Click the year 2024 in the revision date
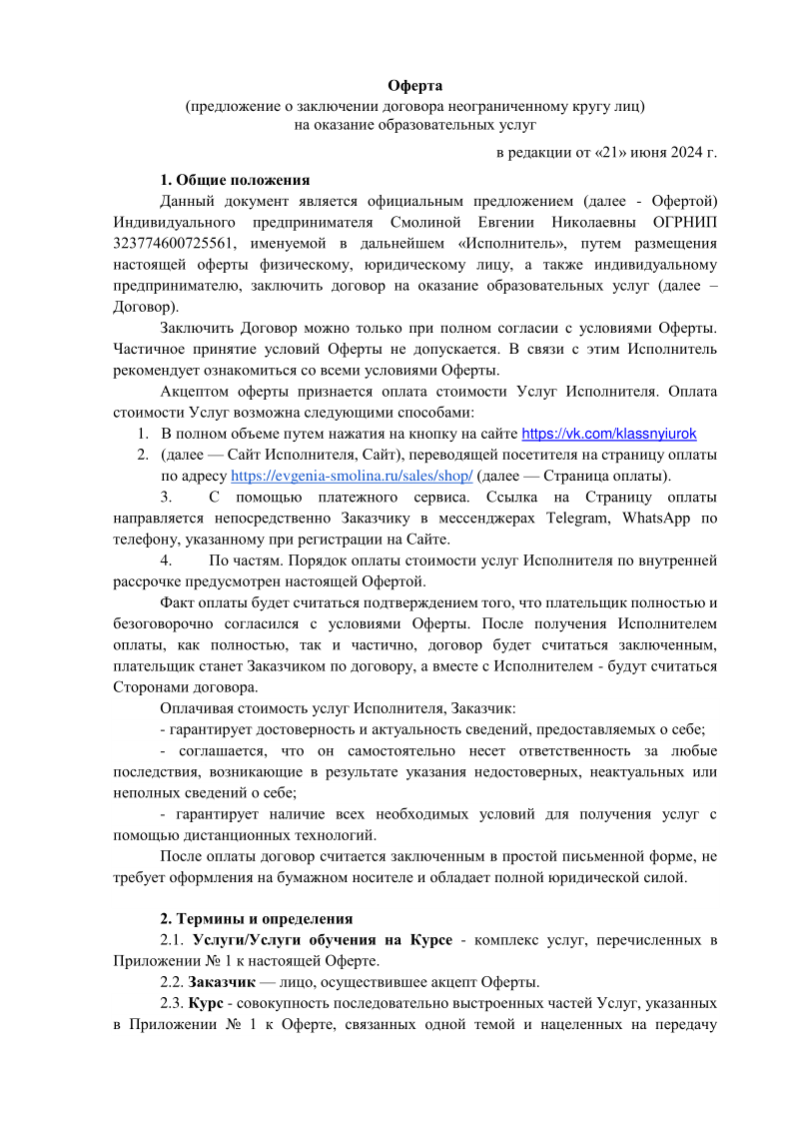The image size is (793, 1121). (685, 153)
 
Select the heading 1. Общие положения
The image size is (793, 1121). (235, 181)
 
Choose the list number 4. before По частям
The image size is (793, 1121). (167, 560)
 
